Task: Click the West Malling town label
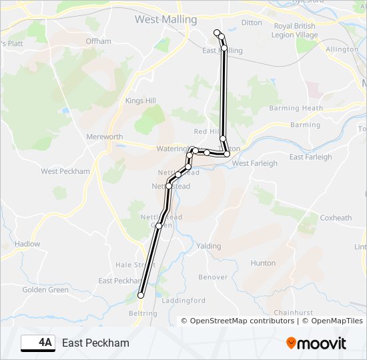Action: coord(165,19)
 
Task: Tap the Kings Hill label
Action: coord(140,101)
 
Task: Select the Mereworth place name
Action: coord(105,137)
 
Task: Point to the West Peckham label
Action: coord(65,171)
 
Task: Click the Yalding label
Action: coord(209,246)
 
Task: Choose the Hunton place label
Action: coord(263,263)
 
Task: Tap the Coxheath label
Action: coord(336,218)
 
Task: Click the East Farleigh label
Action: coord(310,157)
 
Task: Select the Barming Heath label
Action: coord(296,108)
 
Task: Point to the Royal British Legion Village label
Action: coord(294,31)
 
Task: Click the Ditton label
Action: coord(252,23)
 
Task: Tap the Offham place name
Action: coord(99,41)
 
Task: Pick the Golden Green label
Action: coord(45,290)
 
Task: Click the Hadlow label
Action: coord(27,244)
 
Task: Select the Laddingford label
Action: coord(183,301)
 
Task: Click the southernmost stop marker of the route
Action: coord(141,295)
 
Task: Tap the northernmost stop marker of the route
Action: coord(216,33)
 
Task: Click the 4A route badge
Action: coord(39,343)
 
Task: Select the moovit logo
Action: coord(316,343)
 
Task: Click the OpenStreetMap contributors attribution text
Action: coord(242,321)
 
